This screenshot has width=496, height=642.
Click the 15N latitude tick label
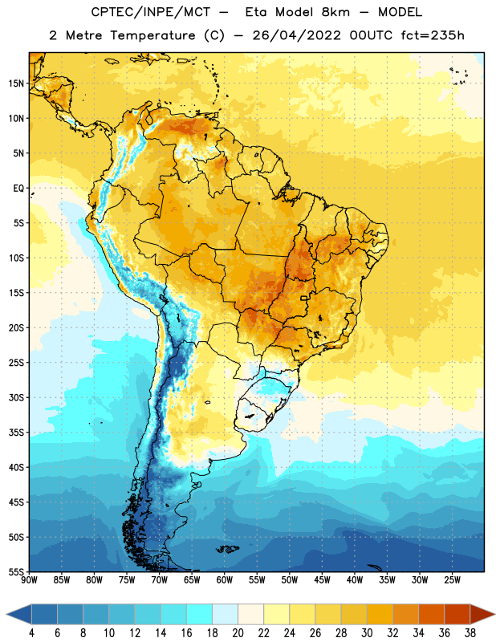16,83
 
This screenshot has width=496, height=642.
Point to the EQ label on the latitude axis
18,189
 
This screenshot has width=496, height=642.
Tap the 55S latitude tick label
16,572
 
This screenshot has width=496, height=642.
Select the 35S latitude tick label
16,433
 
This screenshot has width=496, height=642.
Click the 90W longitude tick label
29,580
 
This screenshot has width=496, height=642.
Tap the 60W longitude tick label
225,580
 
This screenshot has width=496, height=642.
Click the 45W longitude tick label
322,580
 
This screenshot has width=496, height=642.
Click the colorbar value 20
238,633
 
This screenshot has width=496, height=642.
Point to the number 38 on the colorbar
470,633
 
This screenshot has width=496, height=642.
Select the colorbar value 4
31,633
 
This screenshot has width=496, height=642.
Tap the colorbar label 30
367,633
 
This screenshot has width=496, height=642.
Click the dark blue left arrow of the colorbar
19,615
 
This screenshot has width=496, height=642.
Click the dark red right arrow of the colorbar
483,615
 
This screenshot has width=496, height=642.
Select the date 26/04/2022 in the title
296,35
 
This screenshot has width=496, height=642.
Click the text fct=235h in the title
433,35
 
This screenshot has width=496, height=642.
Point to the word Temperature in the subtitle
152,35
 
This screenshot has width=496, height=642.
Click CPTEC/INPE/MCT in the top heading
150,12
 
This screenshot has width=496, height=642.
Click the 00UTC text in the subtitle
371,35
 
